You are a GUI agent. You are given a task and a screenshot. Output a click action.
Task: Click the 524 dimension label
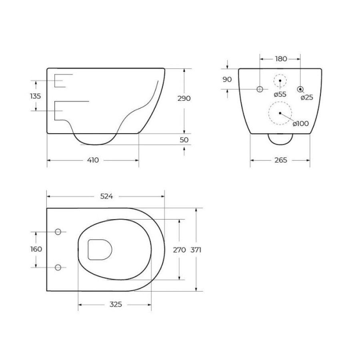point(107,196)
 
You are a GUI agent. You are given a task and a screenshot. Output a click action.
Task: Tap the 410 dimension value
point(93,160)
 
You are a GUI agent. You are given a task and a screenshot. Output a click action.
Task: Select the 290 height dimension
point(184,98)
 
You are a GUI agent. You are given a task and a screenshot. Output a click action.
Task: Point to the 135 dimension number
point(35,96)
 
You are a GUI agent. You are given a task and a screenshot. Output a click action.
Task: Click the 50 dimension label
point(184,140)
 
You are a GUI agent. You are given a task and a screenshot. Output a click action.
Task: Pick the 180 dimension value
point(281,59)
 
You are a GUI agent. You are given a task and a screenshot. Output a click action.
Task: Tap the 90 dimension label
point(227,80)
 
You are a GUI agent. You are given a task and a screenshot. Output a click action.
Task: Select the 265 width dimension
point(280,160)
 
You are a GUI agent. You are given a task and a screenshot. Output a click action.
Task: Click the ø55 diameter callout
point(280,94)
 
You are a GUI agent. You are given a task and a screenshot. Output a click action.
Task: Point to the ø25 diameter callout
point(307,98)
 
